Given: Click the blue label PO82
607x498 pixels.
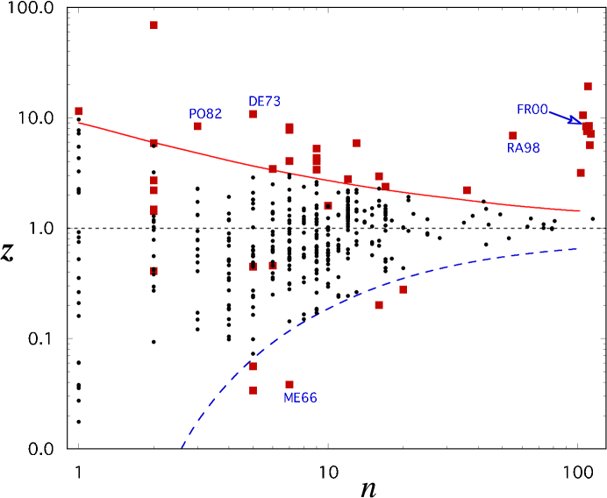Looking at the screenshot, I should (205, 115).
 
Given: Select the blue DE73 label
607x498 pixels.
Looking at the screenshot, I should (264, 102).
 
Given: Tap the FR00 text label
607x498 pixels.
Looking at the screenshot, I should (532, 110).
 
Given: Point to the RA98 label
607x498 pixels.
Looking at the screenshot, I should (524, 149).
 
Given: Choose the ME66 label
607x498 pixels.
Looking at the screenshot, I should (300, 399).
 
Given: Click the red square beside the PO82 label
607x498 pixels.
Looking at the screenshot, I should (197, 126).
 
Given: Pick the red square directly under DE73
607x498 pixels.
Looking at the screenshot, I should (253, 114).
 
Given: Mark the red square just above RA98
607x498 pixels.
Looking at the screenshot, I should (512, 136).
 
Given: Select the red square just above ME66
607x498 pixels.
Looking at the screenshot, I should (289, 384).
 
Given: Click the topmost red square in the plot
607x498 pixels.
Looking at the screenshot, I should (154, 25).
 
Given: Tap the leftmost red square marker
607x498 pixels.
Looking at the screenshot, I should (78, 111).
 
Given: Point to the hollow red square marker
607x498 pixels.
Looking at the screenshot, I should (328, 206).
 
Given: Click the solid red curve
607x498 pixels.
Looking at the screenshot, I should (219, 156).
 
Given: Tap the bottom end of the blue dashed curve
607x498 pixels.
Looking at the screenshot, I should (182, 447).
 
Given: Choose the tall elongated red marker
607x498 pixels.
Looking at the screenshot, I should (317, 160).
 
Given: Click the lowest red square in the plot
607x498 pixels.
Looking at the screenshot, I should (253, 390).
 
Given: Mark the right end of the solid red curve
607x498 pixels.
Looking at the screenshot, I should (580, 210).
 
